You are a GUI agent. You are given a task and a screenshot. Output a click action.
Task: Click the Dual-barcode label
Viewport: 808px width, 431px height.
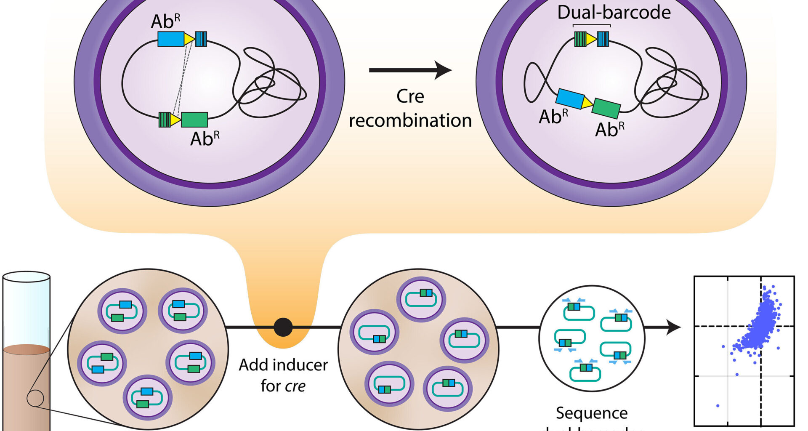pyautogui.click(x=614, y=13)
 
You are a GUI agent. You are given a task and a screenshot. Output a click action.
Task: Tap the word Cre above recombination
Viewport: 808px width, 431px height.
pyautogui.click(x=410, y=96)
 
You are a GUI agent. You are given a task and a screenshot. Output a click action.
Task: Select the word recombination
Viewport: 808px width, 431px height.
pyautogui.click(x=410, y=121)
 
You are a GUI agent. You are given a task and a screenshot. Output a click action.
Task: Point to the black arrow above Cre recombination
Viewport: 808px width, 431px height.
pyautogui.click(x=410, y=70)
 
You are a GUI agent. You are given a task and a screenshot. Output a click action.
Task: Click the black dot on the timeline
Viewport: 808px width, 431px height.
pyautogui.click(x=283, y=327)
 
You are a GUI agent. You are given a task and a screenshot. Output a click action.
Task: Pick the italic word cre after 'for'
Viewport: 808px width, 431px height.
pyautogui.click(x=295, y=386)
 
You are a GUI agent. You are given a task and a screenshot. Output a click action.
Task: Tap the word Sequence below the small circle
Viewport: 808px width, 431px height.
pyautogui.click(x=592, y=413)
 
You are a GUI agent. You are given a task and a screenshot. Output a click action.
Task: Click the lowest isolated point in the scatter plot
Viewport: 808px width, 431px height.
pyautogui.click(x=718, y=406)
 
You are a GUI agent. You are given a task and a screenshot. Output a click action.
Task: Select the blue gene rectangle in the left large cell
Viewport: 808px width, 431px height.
pyautogui.click(x=171, y=39)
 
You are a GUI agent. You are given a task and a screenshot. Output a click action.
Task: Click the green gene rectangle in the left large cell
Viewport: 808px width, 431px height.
pyautogui.click(x=194, y=120)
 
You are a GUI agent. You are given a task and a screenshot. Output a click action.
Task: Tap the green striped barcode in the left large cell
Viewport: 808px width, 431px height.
pyautogui.click(x=164, y=120)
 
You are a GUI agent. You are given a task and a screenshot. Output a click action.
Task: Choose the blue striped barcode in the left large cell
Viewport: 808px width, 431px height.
pyautogui.click(x=201, y=39)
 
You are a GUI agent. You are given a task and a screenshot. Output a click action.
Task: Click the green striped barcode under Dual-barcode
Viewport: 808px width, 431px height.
pyautogui.click(x=580, y=39)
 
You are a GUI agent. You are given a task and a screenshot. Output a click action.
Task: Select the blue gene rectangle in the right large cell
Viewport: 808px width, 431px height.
pyautogui.click(x=570, y=98)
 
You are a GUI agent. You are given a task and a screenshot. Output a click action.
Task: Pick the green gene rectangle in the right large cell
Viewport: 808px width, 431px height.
pyautogui.click(x=606, y=109)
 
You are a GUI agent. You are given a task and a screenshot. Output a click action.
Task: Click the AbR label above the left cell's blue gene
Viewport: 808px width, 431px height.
pyautogui.click(x=165, y=21)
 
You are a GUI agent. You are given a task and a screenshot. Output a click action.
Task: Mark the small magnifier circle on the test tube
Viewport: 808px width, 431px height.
pyautogui.click(x=35, y=398)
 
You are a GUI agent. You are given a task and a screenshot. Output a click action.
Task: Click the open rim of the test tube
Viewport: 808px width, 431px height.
pyautogui.click(x=27, y=277)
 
